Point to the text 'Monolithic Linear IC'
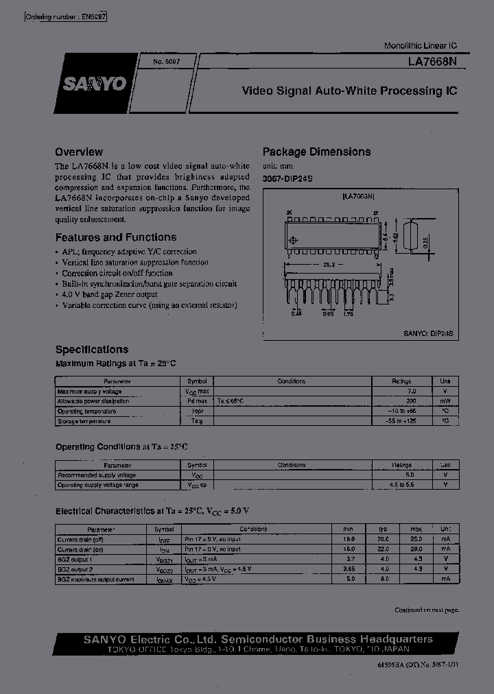click(420, 45)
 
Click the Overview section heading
click(79, 152)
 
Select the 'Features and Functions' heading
click(116, 237)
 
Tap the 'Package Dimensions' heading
click(317, 152)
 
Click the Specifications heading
click(92, 349)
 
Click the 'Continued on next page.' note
click(426, 610)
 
